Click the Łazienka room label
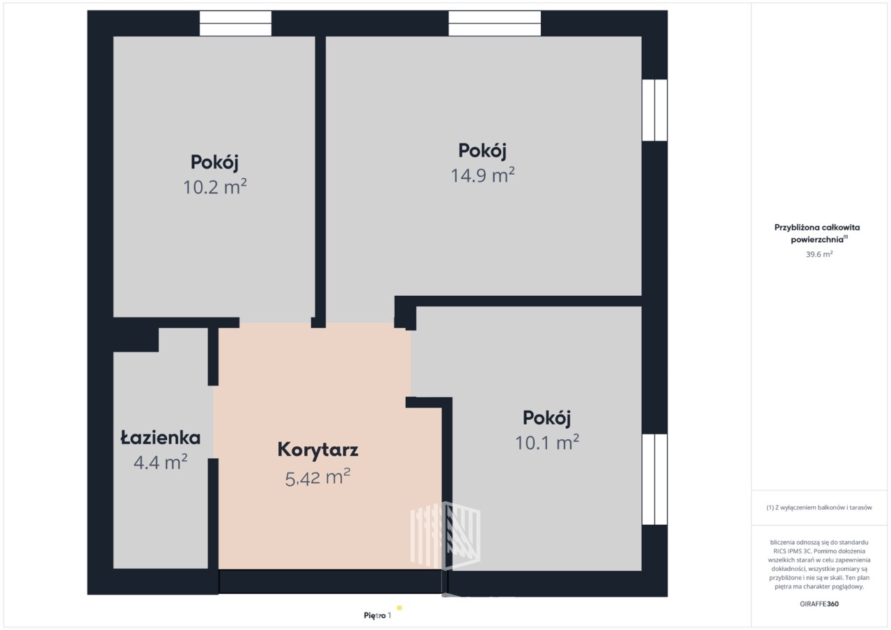(x=160, y=438)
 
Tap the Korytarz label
(x=318, y=450)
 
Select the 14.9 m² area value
(x=482, y=175)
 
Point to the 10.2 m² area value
(x=215, y=187)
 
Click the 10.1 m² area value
(x=547, y=442)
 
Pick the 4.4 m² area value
(x=160, y=462)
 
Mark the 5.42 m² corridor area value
(x=317, y=478)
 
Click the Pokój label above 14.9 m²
(x=482, y=151)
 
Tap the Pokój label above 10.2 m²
(x=214, y=163)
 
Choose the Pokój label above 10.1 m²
(x=546, y=418)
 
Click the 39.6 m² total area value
(x=819, y=254)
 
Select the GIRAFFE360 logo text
(x=819, y=604)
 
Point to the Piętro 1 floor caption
(x=377, y=615)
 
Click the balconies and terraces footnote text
(x=819, y=507)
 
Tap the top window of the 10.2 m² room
(x=235, y=24)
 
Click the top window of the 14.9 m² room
(x=495, y=24)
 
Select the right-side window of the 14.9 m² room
(x=655, y=110)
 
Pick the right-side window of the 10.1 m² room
(x=655, y=479)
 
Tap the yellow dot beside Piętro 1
(x=400, y=608)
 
